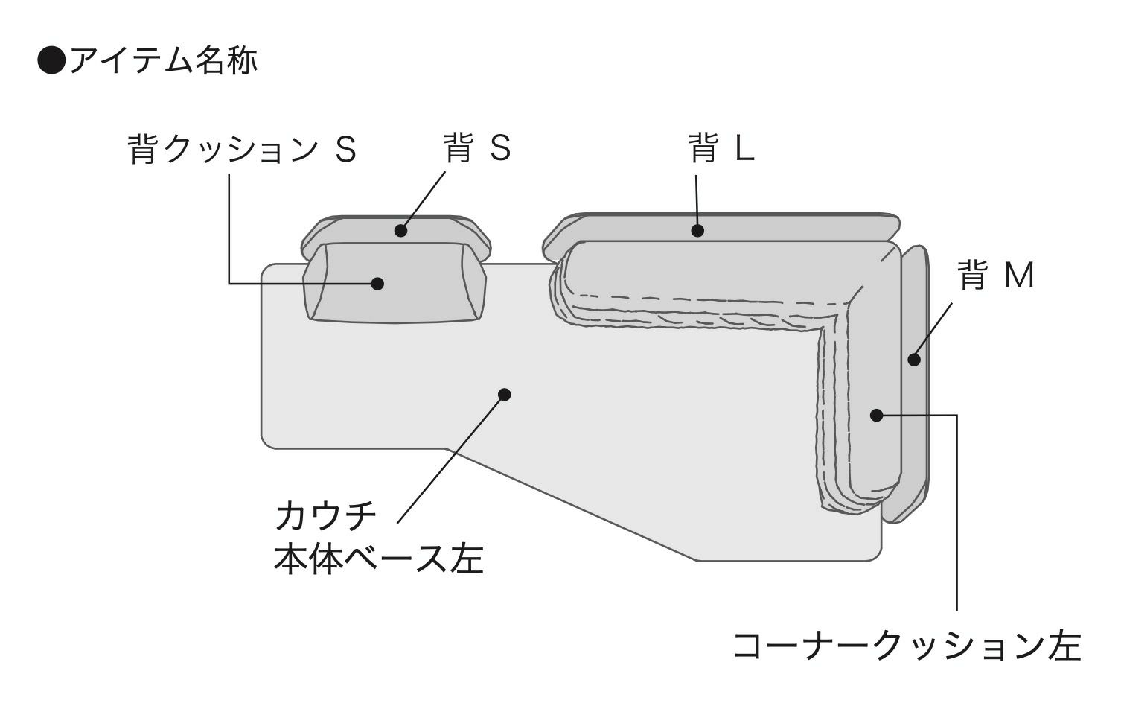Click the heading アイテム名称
point(162,60)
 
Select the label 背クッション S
point(243,149)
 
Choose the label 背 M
point(996,276)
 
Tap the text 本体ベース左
point(379,559)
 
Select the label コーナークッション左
point(907,646)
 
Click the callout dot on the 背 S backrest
point(401,230)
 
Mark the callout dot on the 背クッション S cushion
point(377,283)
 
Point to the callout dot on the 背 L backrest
point(697,231)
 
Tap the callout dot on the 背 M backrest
point(914,360)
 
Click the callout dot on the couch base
point(505,394)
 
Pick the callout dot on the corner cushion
point(877,415)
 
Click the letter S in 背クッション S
point(345,150)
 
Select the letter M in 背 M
point(1019,276)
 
